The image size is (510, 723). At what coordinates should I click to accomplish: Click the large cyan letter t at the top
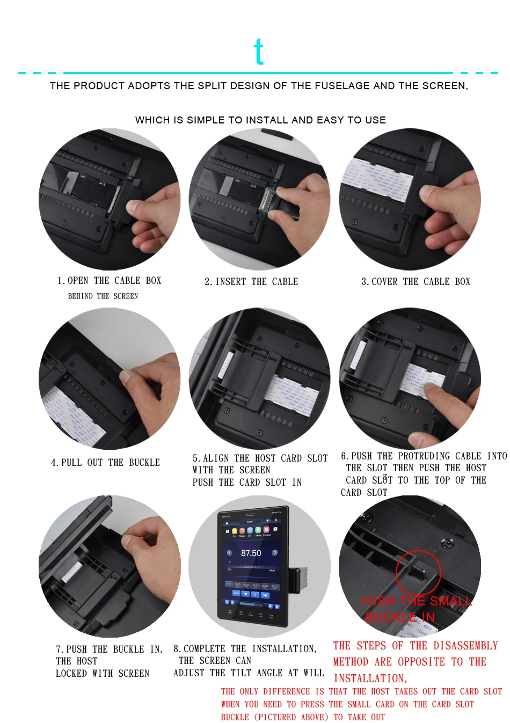point(259,52)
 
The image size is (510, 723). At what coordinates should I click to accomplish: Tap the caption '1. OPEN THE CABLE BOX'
point(109,281)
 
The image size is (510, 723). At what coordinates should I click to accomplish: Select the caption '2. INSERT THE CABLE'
point(251,282)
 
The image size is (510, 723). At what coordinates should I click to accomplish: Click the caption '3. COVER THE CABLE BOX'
point(416,282)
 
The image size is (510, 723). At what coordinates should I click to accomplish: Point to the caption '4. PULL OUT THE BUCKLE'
point(105,463)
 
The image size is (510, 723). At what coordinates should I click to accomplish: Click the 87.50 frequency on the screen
point(251,553)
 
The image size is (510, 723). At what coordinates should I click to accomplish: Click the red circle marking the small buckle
point(418,572)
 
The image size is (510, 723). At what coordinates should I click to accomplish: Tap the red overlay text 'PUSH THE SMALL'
point(417,601)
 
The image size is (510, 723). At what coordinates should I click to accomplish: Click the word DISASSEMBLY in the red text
point(465,646)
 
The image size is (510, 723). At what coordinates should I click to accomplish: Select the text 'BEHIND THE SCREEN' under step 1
point(103,296)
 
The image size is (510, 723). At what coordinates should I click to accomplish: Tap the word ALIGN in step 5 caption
point(216,458)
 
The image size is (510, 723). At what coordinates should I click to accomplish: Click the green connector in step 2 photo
point(267,201)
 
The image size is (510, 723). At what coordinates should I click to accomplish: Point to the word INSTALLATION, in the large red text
point(370,678)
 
